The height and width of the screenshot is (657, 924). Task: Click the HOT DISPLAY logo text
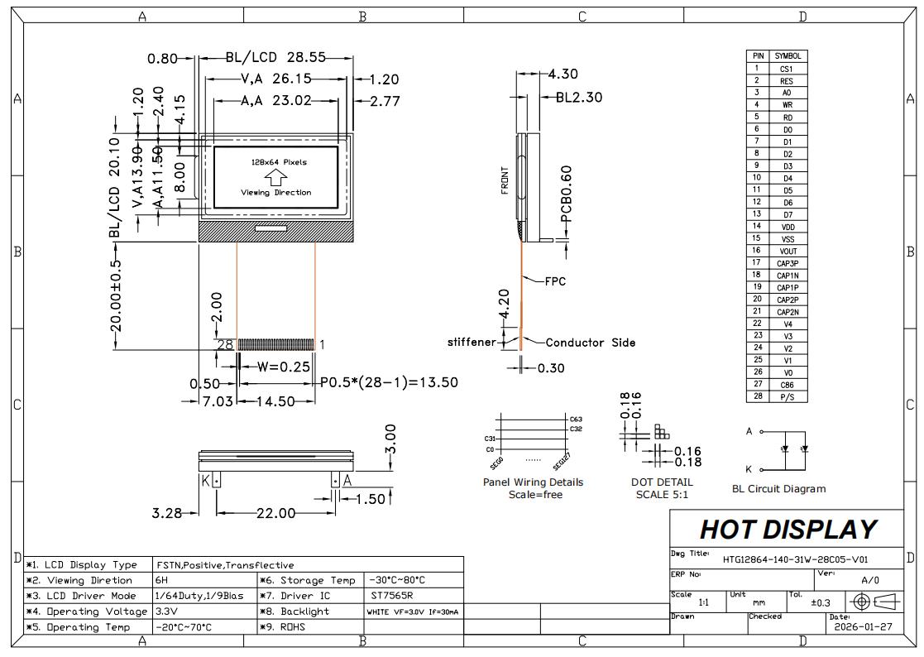[x=787, y=529]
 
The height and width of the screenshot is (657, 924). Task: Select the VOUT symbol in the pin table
[x=787, y=251]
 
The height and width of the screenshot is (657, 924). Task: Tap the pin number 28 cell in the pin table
[x=756, y=396]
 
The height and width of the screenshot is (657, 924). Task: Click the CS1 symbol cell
[x=787, y=69]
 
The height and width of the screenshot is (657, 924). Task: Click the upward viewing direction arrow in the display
[x=275, y=177]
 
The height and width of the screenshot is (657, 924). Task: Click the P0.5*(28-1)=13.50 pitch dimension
[x=389, y=382]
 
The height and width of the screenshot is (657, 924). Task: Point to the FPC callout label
[x=555, y=281]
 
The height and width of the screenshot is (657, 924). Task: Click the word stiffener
[x=472, y=342]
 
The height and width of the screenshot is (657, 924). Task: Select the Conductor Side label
[x=590, y=343]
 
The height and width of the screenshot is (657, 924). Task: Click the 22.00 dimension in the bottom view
[x=275, y=513]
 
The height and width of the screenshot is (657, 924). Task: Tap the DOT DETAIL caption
[x=662, y=482]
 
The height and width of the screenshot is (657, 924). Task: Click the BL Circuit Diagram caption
[x=778, y=488]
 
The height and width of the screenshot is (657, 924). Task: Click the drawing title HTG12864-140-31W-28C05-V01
[x=795, y=559]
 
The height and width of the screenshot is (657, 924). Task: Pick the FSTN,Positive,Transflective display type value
[x=225, y=565]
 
